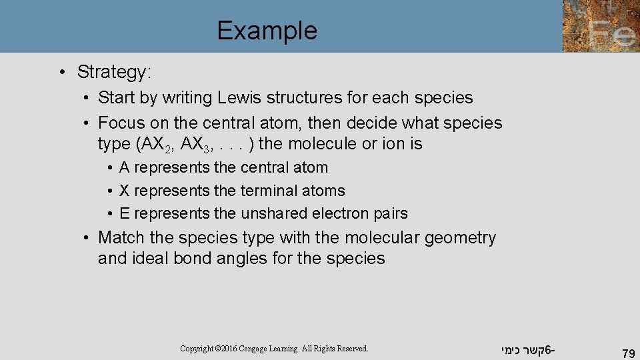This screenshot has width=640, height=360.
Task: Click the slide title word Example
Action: click(267, 31)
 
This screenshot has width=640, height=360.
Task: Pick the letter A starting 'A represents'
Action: click(125, 168)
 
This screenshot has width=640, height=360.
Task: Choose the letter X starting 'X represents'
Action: click(125, 191)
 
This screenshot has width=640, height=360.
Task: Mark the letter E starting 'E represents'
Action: click(125, 213)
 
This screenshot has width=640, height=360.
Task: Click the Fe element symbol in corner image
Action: click(612, 31)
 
